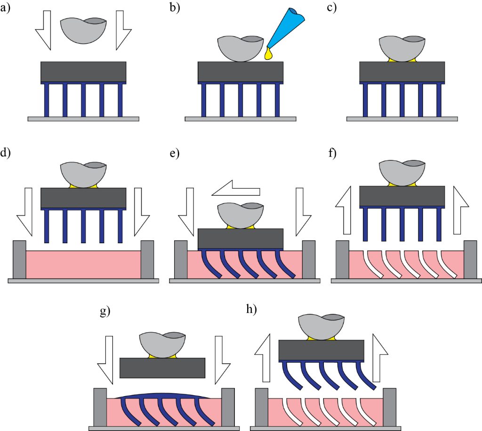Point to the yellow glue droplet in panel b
(x=269, y=55)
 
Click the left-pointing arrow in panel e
(x=235, y=190)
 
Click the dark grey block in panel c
(x=402, y=72)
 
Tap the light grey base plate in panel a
(x=83, y=119)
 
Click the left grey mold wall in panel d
(x=19, y=259)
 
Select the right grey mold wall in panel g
(x=228, y=407)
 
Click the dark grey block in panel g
(x=162, y=368)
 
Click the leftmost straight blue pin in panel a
(x=47, y=100)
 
